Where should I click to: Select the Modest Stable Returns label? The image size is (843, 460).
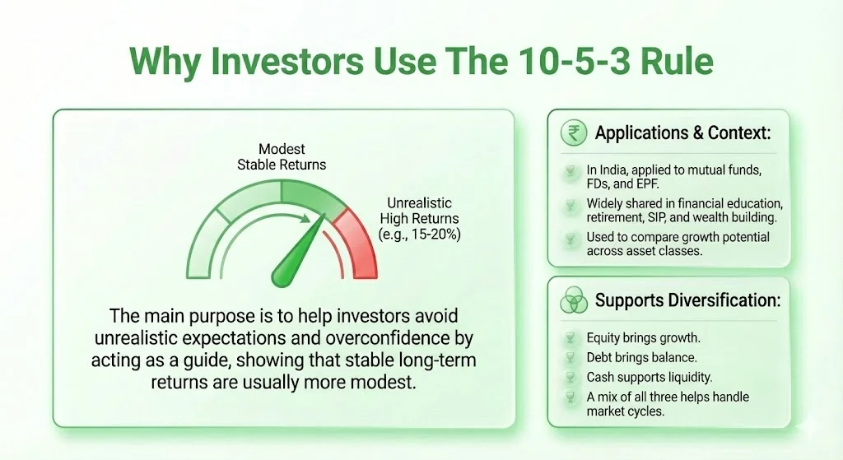(x=282, y=156)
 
